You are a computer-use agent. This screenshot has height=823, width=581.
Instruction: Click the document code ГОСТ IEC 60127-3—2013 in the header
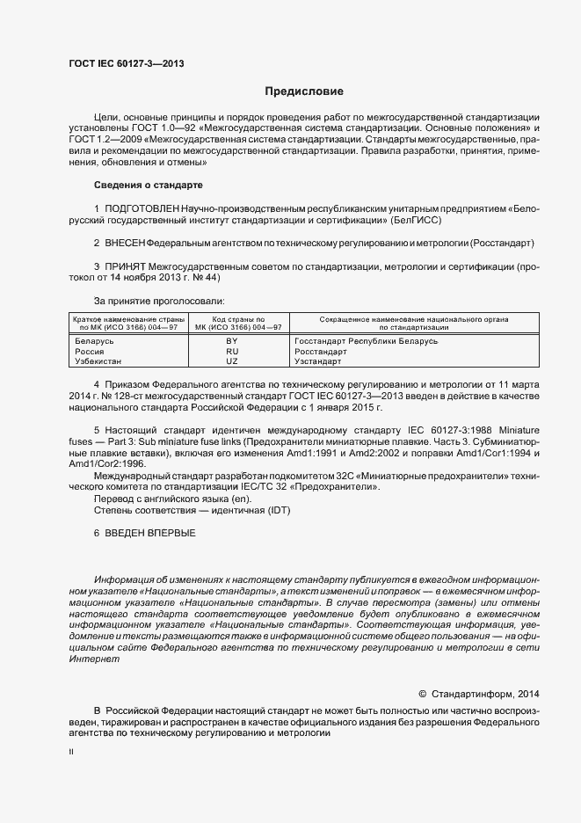point(126,63)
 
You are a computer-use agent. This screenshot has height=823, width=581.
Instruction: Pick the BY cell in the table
point(232,340)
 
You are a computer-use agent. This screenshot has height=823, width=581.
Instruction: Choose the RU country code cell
point(232,351)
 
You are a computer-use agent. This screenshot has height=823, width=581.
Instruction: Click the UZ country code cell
point(232,361)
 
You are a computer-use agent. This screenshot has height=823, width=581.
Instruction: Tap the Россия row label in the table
point(90,351)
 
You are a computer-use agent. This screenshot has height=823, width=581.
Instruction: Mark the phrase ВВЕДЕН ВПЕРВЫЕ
point(150,534)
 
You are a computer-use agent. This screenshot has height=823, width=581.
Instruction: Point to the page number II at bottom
point(72,753)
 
